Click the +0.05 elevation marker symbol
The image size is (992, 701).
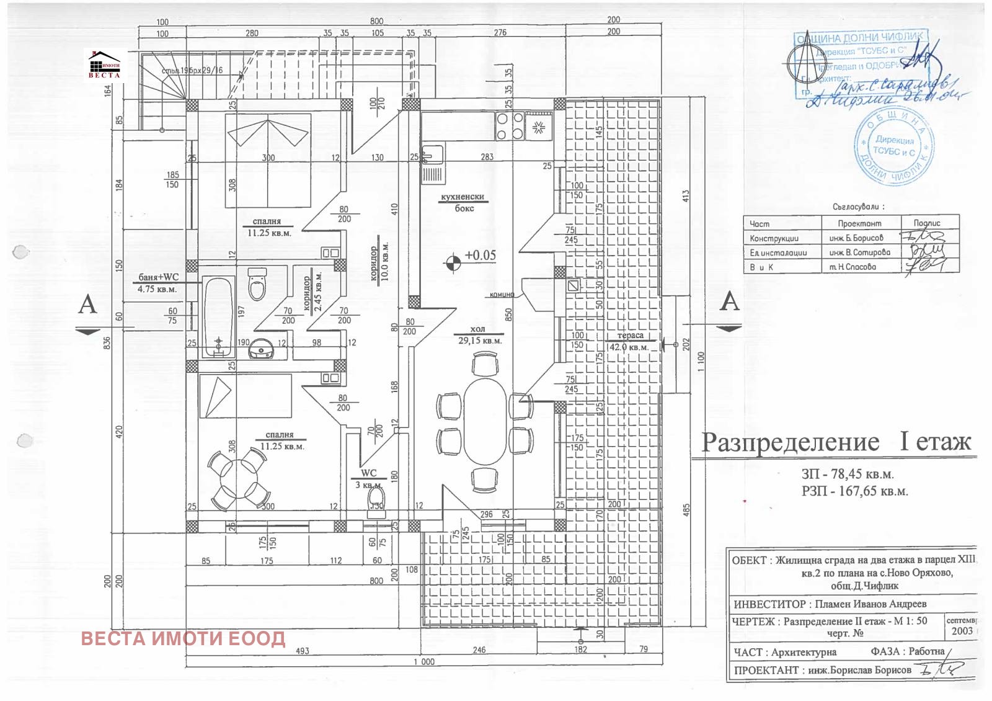[x=453, y=262]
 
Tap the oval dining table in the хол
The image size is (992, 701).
[x=485, y=422]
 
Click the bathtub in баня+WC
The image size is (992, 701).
[x=218, y=316]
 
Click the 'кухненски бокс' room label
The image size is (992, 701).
[x=463, y=202]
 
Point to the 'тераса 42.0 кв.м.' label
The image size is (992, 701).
[x=630, y=341]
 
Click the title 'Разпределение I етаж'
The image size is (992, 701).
[x=835, y=442]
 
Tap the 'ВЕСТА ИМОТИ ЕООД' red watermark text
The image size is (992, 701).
[x=183, y=638]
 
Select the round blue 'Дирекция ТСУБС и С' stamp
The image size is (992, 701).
[x=893, y=147]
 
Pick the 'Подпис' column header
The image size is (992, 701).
[x=927, y=223]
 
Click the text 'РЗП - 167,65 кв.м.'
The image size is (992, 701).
[x=854, y=491]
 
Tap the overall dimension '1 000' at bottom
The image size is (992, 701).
[x=424, y=662]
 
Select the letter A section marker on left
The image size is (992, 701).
[x=87, y=305]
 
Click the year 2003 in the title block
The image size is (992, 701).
[x=962, y=631]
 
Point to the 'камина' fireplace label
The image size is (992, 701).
[x=502, y=295]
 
